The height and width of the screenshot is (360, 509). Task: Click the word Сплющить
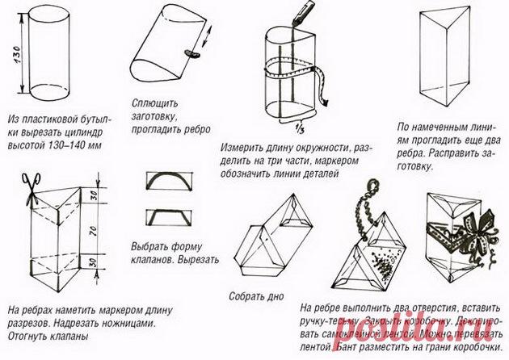[153, 104]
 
